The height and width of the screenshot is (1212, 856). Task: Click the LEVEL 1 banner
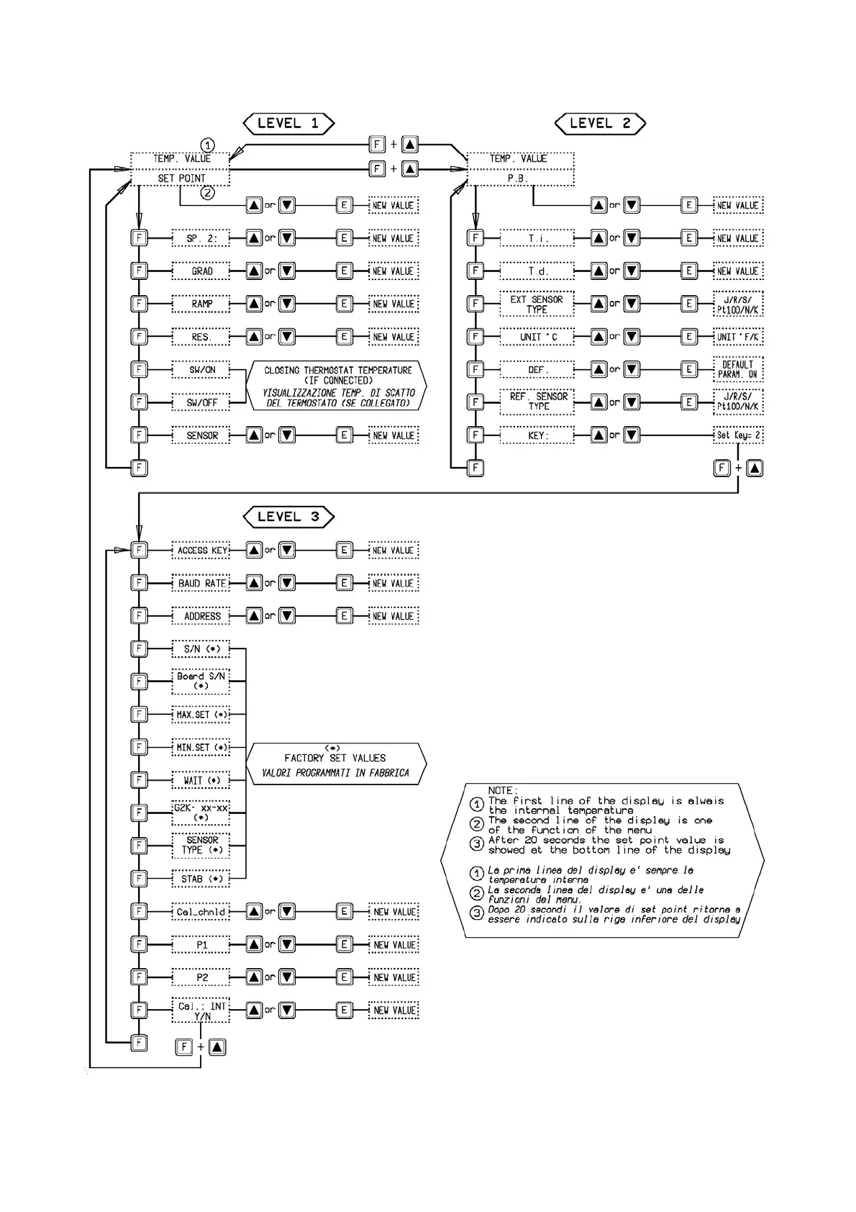coord(288,123)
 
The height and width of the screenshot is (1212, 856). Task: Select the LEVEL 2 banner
coord(600,123)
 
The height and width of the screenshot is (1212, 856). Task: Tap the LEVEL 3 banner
coord(288,516)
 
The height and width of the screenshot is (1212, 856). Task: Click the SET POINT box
coord(181,178)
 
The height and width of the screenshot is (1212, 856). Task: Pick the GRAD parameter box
coord(201,271)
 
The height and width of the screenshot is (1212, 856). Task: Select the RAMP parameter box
coord(201,304)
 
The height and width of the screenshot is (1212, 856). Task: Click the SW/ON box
coord(201,370)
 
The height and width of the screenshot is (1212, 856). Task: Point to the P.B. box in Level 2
coord(520,178)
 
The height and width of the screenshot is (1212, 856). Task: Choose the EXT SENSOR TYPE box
coord(537,304)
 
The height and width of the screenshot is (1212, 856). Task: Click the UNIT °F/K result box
coord(738,337)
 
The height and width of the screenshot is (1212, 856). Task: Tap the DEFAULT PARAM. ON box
coord(738,369)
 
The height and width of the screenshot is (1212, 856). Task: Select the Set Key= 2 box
coord(738,435)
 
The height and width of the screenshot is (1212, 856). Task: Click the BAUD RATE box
coord(201,583)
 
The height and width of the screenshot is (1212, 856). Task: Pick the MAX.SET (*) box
coord(201,715)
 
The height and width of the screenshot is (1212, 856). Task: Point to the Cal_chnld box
coord(201,912)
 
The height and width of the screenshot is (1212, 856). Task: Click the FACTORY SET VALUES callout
coord(335,764)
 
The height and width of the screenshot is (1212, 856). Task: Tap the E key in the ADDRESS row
coord(345,616)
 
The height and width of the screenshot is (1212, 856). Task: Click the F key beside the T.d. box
coord(475,271)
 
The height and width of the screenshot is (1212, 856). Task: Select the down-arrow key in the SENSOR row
coord(287,435)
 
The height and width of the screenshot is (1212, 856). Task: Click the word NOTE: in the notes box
coord(503,790)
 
